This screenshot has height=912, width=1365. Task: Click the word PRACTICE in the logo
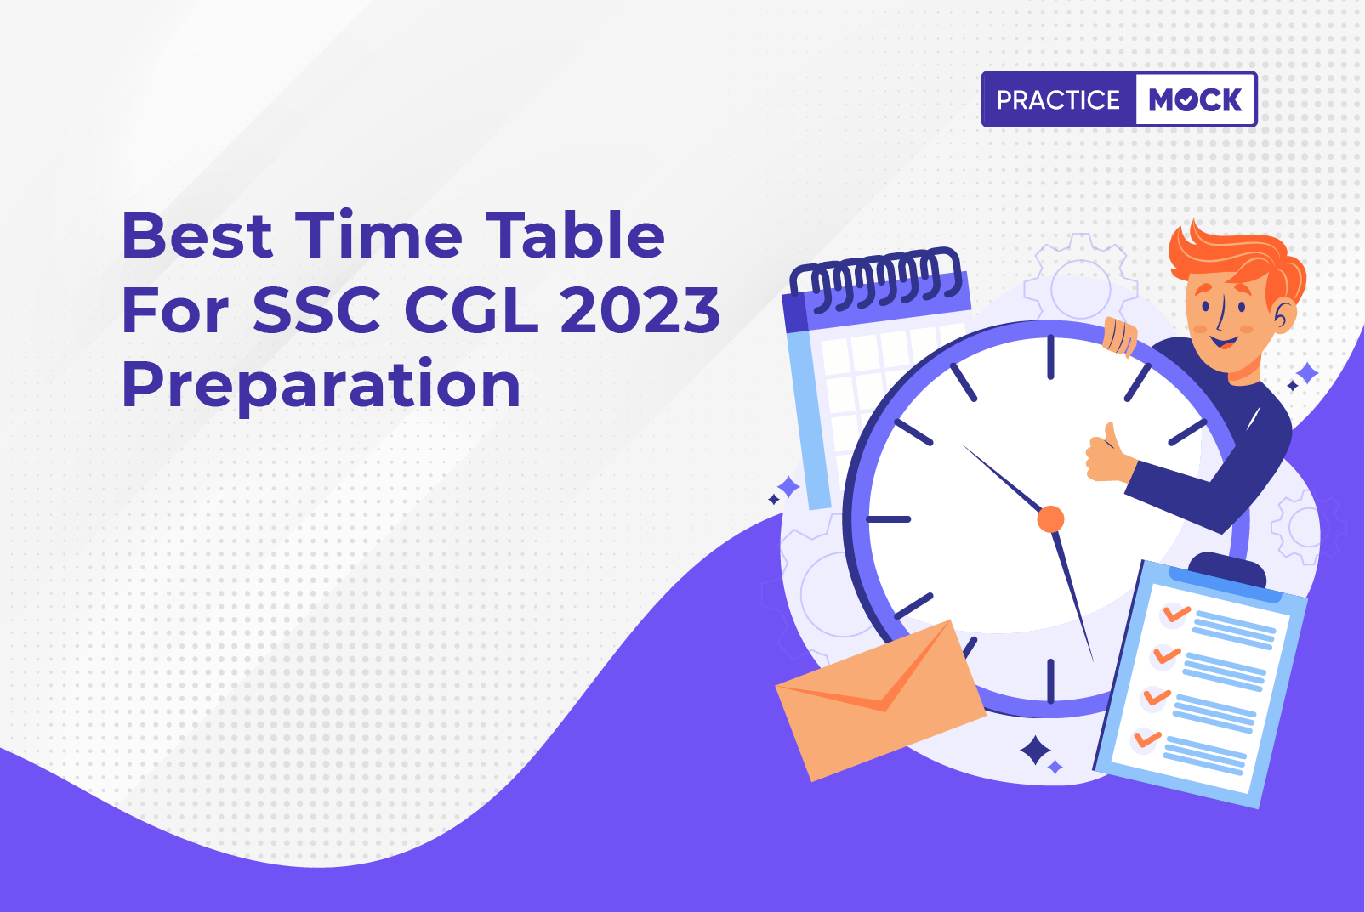coord(1058,99)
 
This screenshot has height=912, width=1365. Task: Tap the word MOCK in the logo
coord(1194,99)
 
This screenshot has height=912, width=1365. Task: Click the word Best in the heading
coord(196,235)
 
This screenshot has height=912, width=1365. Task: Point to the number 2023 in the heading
coord(640,310)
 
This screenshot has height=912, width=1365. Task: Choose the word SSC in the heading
coord(317,310)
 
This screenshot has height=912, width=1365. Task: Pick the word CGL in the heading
coord(471,310)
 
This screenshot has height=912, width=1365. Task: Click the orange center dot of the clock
coord(1050,518)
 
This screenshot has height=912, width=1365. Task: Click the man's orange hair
coord(1237,263)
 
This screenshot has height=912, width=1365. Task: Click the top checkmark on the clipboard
coord(1176,613)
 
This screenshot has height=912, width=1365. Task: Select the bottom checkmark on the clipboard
coord(1146,739)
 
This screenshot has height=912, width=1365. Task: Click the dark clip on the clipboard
coord(1227,569)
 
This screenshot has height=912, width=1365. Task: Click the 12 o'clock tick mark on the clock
coord(1050,357)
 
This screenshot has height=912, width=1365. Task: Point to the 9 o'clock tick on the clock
coord(889,519)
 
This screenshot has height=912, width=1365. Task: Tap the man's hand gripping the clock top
coord(1121,337)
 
